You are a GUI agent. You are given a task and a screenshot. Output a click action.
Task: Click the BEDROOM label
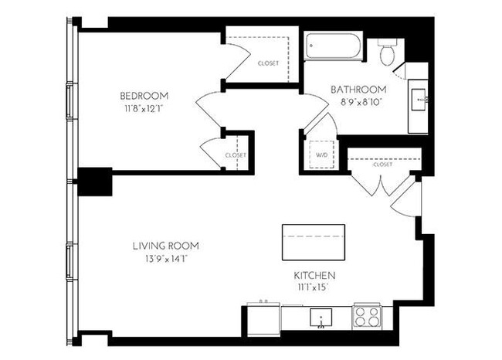tap(144, 96)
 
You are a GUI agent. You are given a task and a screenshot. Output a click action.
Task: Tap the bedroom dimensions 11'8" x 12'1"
tap(144, 108)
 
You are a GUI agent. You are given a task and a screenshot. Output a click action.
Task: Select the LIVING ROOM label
tap(165, 246)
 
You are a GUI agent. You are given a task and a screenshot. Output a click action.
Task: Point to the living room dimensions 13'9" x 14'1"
tap(165, 258)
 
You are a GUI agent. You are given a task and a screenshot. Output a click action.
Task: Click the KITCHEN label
tap(314, 275)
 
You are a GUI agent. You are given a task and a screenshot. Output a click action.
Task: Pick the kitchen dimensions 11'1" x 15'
tap(314, 287)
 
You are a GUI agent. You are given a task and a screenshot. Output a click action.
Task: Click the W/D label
tap(321, 155)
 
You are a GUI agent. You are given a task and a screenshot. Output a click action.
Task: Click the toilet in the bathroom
tap(388, 52)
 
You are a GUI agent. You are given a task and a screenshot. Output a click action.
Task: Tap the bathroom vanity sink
tap(419, 98)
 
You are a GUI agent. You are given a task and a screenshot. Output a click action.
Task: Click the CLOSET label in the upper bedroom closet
tap(268, 64)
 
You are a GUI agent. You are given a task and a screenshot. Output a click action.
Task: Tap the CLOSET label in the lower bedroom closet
tap(236, 155)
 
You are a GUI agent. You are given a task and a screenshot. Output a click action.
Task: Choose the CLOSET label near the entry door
tap(382, 165)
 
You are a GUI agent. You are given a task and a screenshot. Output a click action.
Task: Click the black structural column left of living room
tap(96, 182)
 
